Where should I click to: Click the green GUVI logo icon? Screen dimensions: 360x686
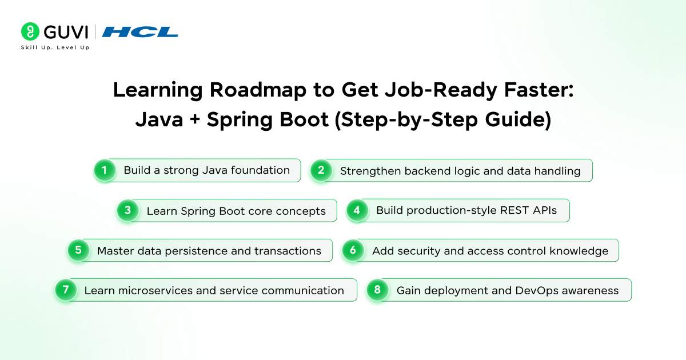[x=30, y=31]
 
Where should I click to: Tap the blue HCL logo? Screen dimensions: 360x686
[x=140, y=32]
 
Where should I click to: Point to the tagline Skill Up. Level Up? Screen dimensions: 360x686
[x=55, y=47]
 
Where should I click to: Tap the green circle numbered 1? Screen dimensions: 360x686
[x=105, y=170]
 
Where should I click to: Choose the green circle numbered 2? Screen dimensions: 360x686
[x=321, y=170]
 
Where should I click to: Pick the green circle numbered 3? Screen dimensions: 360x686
[x=127, y=210]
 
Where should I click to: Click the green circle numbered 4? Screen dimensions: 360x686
[x=357, y=210]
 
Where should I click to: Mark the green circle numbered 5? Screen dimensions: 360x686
[x=78, y=250]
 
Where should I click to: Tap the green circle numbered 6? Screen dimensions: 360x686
[x=353, y=250]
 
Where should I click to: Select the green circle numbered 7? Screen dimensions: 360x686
[x=66, y=290]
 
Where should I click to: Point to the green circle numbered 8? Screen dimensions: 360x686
[x=377, y=290]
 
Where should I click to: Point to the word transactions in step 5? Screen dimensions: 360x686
[x=288, y=250]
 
